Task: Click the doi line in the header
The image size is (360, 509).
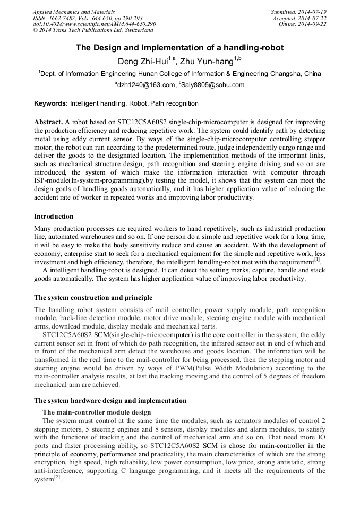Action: [x=94, y=24]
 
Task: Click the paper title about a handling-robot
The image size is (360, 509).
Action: [x=179, y=48]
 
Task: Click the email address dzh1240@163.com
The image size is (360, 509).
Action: [x=146, y=85]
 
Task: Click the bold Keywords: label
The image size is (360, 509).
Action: [x=51, y=103]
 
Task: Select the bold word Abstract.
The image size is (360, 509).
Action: [x=48, y=122]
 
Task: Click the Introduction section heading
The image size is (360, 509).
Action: [x=54, y=217]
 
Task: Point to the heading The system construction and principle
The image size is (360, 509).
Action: [x=93, y=297]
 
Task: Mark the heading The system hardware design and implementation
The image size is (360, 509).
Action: [x=110, y=401]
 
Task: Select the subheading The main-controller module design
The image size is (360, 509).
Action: [x=96, y=412]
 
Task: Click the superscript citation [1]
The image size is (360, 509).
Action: [x=316, y=260]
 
